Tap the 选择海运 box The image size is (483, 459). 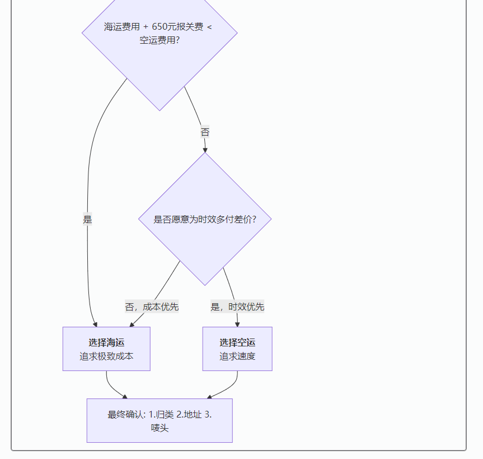point(106,349)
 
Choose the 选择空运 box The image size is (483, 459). point(237,349)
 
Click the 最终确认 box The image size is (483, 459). point(160,420)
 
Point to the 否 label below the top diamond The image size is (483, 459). point(205,132)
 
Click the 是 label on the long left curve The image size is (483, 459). point(87,219)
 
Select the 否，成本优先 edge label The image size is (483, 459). point(152,307)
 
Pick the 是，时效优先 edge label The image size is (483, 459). point(237,307)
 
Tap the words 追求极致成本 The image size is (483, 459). point(106,356)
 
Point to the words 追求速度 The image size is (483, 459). point(237,356)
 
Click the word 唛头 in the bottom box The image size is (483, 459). point(160,428)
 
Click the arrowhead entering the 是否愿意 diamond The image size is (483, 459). point(205,150)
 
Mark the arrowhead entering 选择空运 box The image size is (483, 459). point(237,324)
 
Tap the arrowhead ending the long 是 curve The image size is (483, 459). point(95,324)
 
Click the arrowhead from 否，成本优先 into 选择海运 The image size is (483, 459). point(132,324)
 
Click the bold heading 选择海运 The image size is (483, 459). point(106,342)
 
